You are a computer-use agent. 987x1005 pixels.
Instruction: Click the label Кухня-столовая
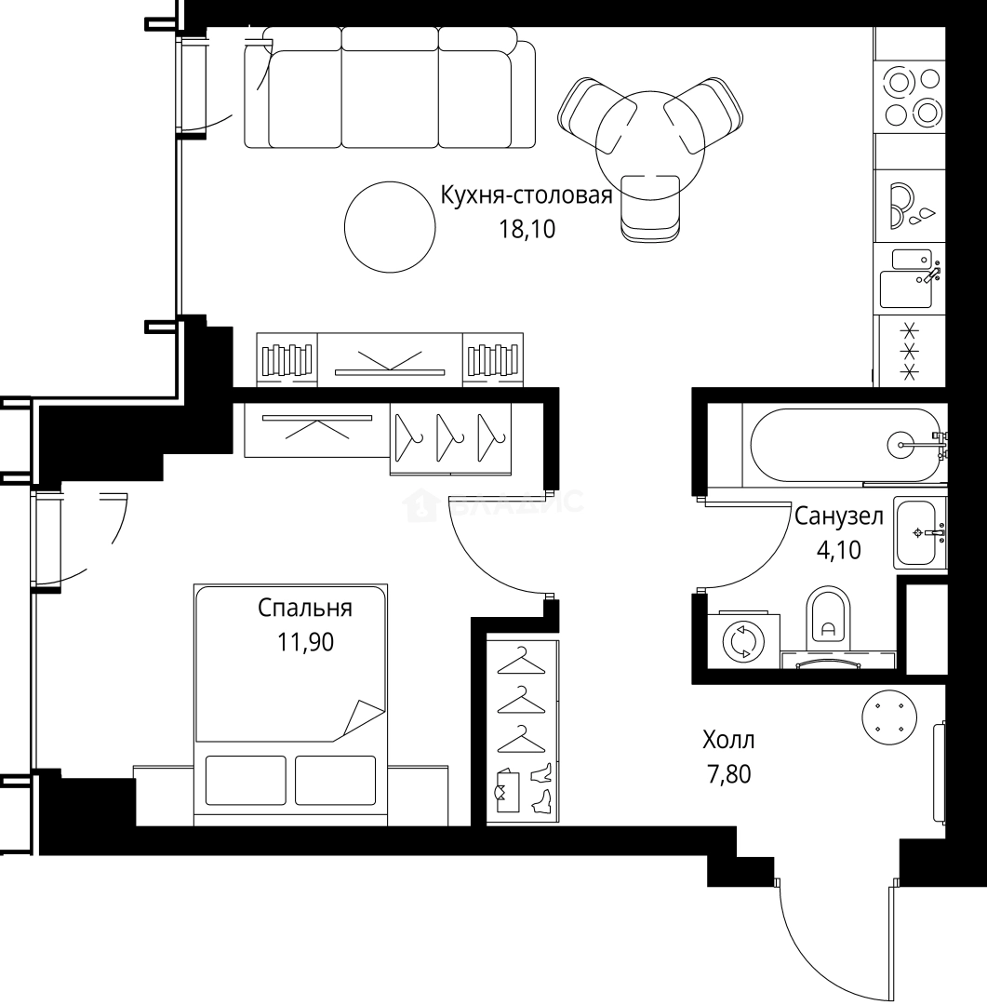click(526, 196)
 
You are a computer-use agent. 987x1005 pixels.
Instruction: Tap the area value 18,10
click(527, 229)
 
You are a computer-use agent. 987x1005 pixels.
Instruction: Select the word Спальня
click(304, 609)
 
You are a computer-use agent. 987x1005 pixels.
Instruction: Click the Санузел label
click(838, 517)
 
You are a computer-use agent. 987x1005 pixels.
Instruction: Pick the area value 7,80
click(728, 773)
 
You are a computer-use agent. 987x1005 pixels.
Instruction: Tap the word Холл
click(728, 741)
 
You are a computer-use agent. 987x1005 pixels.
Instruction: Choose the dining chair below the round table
click(650, 209)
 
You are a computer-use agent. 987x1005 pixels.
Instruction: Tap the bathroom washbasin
click(917, 532)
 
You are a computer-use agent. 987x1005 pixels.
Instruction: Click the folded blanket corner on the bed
click(364, 717)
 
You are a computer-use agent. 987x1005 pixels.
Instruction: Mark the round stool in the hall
click(888, 717)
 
